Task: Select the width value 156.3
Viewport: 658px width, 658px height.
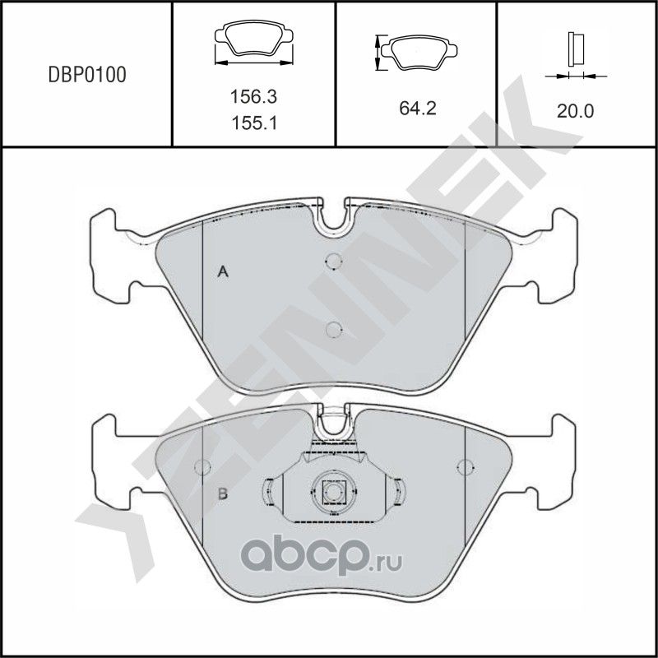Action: [253, 96]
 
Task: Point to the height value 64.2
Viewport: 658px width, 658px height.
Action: [415, 108]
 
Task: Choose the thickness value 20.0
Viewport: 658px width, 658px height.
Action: [575, 109]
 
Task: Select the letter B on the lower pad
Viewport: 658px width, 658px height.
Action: [221, 493]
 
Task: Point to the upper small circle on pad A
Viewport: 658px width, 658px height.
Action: [333, 262]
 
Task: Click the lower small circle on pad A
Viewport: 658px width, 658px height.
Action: [333, 330]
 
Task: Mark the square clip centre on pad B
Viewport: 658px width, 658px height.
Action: [332, 492]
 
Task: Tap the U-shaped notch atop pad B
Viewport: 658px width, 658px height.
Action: [333, 424]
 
